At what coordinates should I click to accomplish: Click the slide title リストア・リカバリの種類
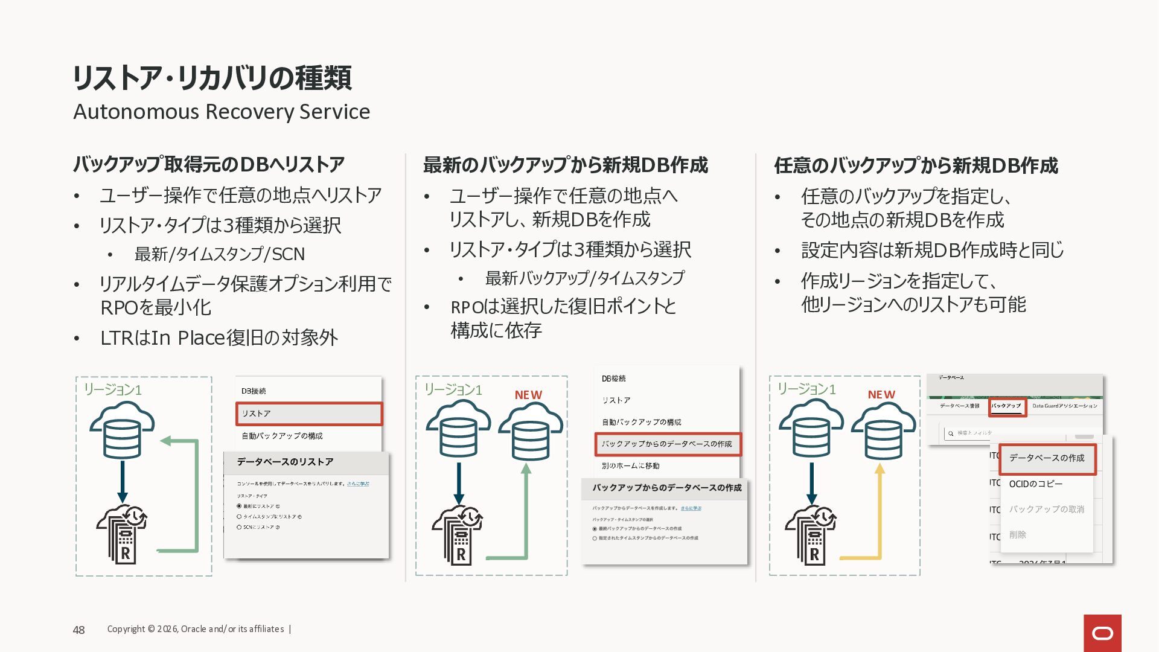coord(212,78)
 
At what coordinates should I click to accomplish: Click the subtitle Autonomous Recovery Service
coord(222,112)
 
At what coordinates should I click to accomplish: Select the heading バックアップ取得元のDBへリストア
coord(209,164)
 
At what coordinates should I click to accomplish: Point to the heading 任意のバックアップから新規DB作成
coord(916,165)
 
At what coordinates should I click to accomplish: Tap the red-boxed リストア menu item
coord(309,414)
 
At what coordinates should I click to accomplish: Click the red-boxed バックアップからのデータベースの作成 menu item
coord(668,444)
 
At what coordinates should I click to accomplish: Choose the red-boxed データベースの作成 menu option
coord(1047,458)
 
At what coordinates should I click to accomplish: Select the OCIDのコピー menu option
coord(1036,484)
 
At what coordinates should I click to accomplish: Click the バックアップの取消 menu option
coord(1047,510)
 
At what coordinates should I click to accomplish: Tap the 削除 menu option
coord(1018,535)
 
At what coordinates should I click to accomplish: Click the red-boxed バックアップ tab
coord(1006,406)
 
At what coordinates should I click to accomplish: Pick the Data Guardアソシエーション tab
coord(1065,406)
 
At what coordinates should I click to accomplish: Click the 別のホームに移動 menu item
coord(630,466)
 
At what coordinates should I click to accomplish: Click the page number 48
coord(79,630)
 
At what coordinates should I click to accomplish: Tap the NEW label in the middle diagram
coord(528,395)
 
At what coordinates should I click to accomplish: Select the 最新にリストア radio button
coord(240,507)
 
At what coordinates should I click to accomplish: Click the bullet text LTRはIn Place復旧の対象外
coord(219,338)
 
